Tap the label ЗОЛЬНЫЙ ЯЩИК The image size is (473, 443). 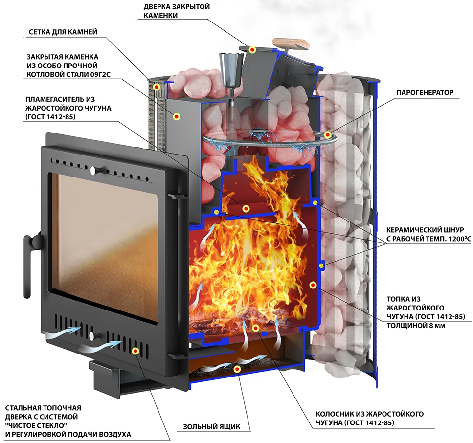point(212,427)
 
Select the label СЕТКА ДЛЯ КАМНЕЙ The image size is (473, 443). point(63,32)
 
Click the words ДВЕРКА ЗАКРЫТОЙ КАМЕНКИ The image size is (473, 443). point(177,11)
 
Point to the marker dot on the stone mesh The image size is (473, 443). point(157,88)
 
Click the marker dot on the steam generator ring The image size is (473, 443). point(327,135)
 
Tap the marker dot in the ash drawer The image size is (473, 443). point(238,369)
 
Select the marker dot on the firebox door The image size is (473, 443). point(135,351)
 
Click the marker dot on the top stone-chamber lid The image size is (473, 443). point(252,50)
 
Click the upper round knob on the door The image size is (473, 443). point(93,171)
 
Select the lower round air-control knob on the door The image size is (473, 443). point(91,335)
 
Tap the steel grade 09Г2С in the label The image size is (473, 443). point(100,74)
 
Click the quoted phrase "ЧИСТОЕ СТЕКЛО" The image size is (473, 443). point(36,425)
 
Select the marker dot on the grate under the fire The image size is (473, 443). point(256,328)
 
